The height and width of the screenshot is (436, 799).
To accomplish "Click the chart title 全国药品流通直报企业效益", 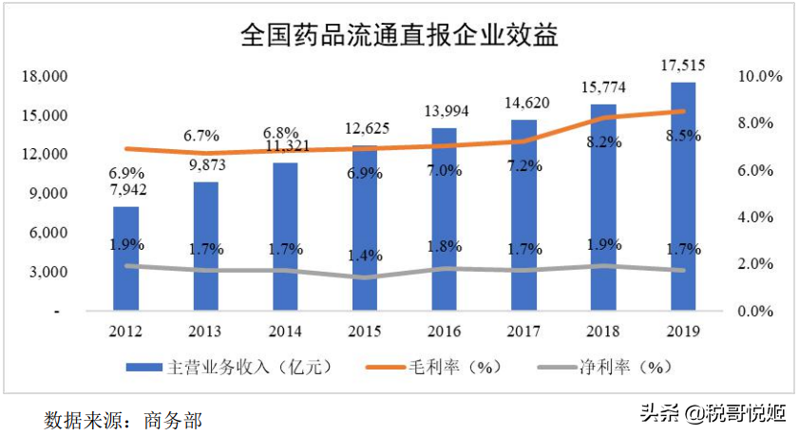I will (399, 36).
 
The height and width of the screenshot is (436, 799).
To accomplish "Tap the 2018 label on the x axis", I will (603, 332).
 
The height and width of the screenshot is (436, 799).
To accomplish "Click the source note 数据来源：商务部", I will (124, 419).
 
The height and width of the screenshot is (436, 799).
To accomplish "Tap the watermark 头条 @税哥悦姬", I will (713, 413).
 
